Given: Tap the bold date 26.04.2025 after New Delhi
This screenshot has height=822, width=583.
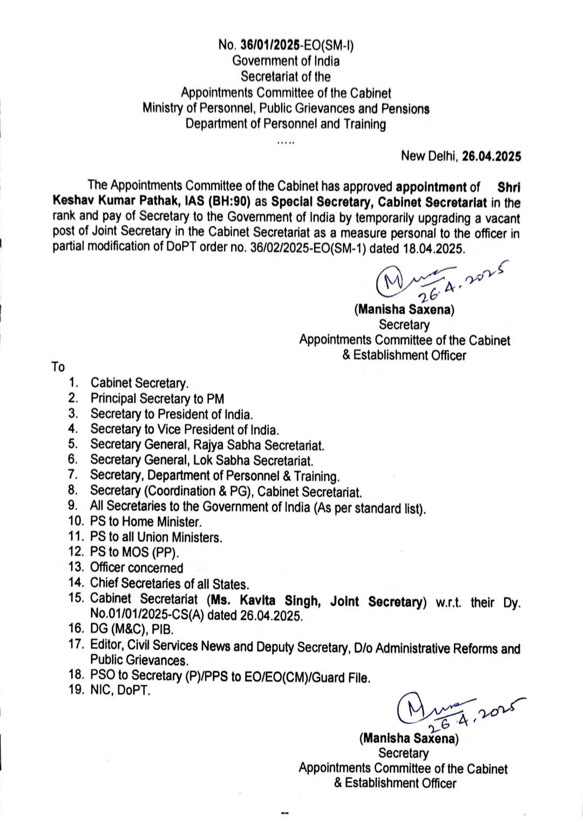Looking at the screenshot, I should coord(492,157).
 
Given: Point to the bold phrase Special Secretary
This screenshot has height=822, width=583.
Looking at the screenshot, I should coord(321,203).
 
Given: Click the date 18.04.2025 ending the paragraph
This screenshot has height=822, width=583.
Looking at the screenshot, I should coord(433,248).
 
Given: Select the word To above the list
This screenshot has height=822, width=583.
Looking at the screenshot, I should coord(58,367).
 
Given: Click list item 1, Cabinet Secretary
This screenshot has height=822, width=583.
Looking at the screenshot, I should coord(139,383).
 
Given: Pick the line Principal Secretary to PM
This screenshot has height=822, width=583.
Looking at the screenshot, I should coord(157,399).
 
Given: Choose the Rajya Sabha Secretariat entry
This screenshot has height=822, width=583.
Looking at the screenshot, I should coord(207,445).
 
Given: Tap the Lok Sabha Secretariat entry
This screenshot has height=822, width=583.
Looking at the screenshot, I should coord(201,460).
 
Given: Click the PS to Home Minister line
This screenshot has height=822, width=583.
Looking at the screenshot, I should coord(146,522).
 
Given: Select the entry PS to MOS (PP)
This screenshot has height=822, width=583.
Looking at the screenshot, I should coord(134,552).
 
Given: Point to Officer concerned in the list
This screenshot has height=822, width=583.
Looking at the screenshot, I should coord(137,567).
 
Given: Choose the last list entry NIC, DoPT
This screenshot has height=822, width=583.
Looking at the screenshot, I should coord(120,690).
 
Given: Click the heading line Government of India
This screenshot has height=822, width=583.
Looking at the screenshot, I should coord(286,61).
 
